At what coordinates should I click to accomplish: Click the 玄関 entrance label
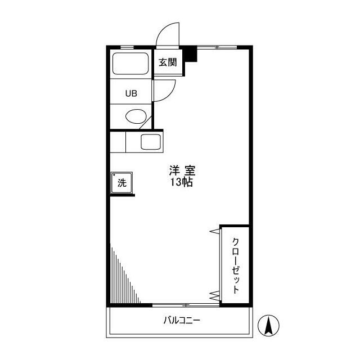click(167, 62)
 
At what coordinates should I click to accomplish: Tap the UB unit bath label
click(130, 94)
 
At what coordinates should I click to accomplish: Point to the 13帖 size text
click(182, 183)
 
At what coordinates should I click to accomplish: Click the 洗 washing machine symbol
click(122, 183)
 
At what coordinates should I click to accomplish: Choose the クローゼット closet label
click(236, 264)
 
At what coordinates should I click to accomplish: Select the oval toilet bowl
click(135, 117)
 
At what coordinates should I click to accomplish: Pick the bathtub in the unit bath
click(130, 64)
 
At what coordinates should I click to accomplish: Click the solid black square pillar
click(192, 55)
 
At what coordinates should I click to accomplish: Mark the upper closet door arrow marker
click(214, 231)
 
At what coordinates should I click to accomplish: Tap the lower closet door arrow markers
click(214, 295)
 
